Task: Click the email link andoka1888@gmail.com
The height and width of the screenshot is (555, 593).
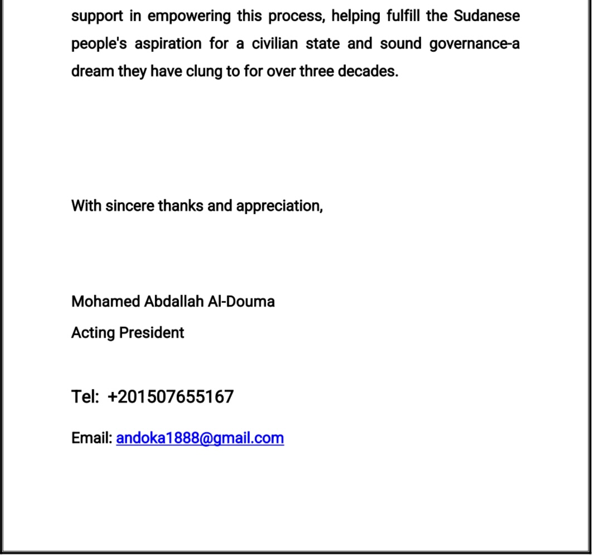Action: coord(200,438)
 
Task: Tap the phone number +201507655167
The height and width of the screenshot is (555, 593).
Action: coord(171,397)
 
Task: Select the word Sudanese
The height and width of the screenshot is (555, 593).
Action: coord(486,16)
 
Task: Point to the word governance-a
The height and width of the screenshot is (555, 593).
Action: coord(474,44)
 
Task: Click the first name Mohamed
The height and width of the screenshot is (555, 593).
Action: coord(105,302)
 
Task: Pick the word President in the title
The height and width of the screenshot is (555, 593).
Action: coord(152,333)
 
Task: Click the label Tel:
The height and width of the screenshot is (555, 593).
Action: coord(84,397)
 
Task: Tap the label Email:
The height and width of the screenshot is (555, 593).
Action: coord(92,438)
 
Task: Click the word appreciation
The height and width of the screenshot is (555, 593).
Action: coord(279,206)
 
